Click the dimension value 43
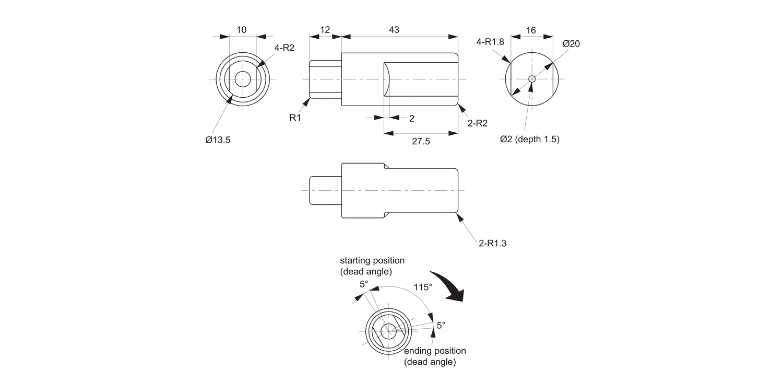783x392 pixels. [x=394, y=30]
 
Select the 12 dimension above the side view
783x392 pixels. [x=325, y=30]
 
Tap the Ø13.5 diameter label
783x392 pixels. [x=218, y=140]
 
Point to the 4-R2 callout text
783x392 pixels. [x=284, y=48]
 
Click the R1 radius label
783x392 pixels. [x=295, y=118]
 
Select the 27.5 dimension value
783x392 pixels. [x=420, y=142]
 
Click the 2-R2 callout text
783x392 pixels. [x=478, y=123]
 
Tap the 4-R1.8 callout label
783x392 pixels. [x=489, y=42]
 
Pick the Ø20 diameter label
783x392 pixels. [x=571, y=44]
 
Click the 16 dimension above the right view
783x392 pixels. [x=531, y=30]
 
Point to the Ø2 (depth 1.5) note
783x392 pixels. [x=529, y=139]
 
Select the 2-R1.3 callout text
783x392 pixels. [x=493, y=243]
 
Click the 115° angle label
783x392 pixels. [x=423, y=287]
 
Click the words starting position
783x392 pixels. [x=372, y=260]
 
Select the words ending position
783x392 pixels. [x=435, y=351]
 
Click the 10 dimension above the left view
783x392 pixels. [x=242, y=30]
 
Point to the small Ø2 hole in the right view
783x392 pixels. [x=531, y=79]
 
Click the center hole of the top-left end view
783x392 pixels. [x=243, y=79]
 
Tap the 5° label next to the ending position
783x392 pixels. [x=441, y=325]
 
